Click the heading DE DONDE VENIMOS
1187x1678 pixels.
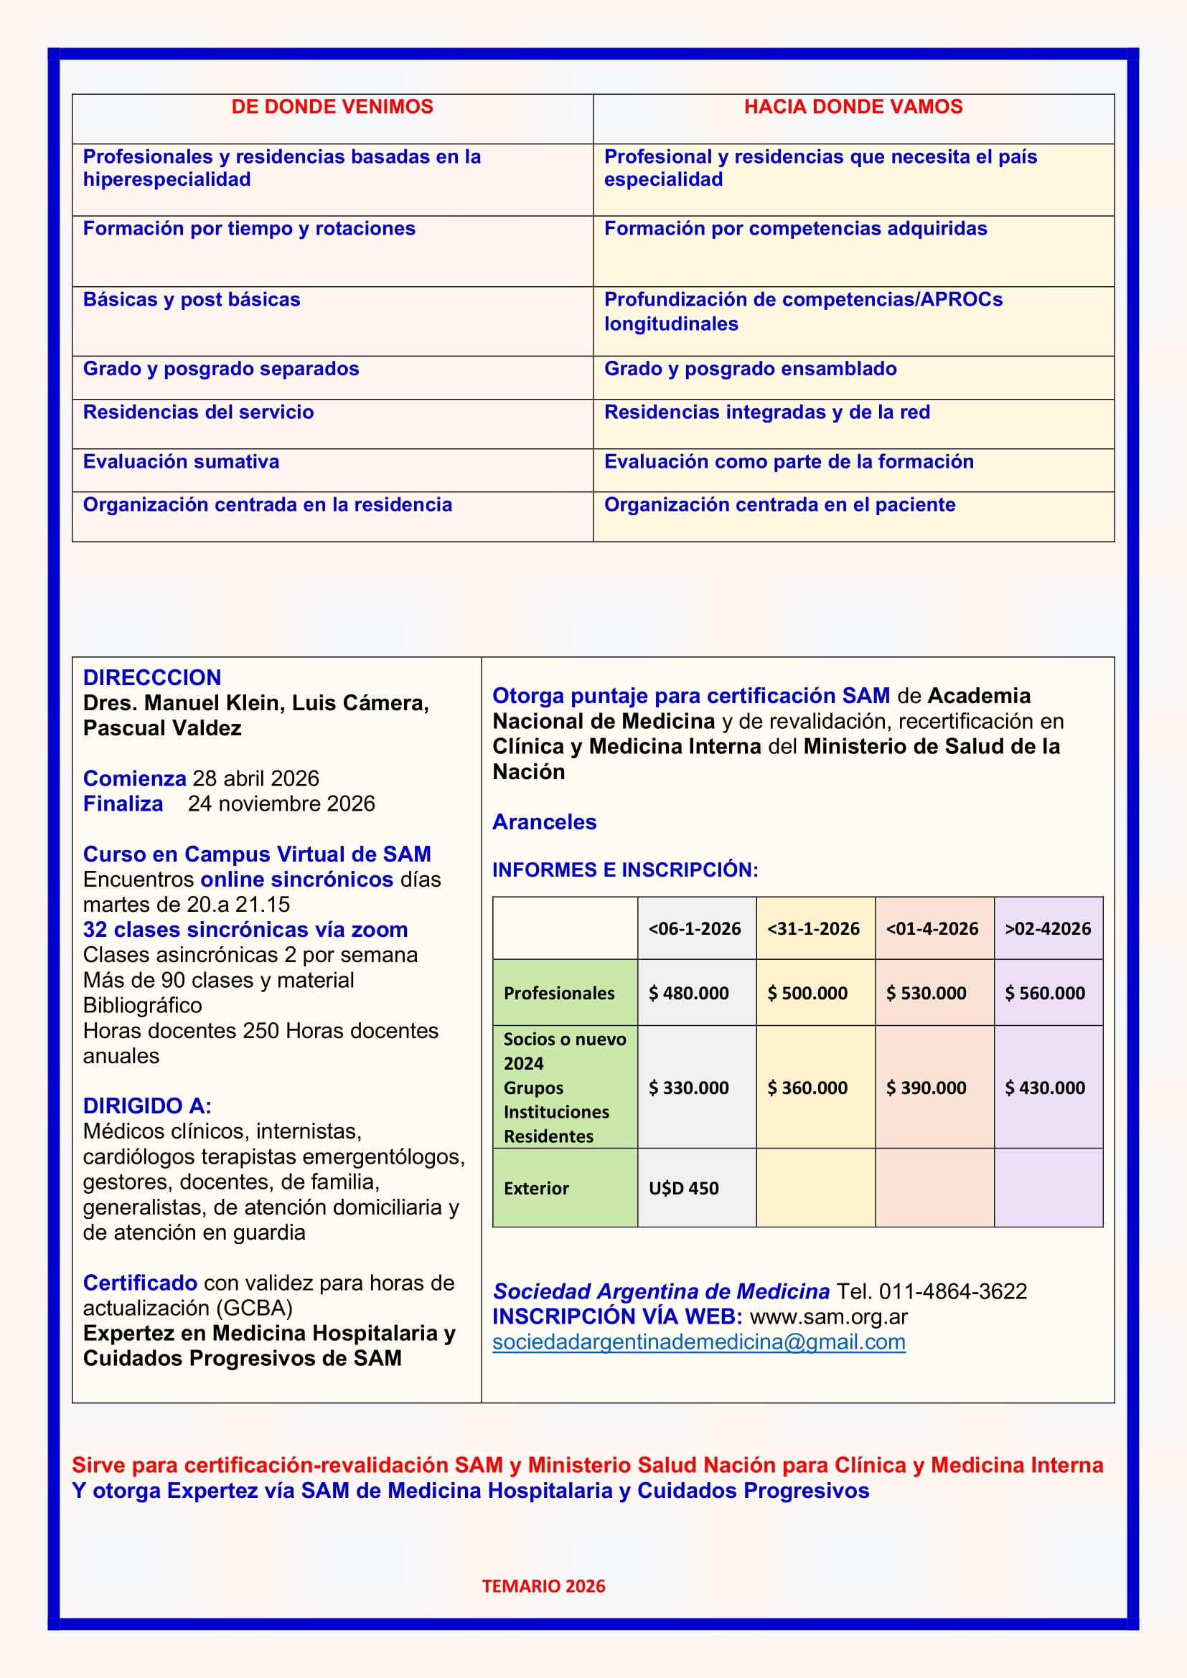pyautogui.click(x=332, y=108)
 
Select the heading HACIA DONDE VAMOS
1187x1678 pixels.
pyautogui.click(x=853, y=108)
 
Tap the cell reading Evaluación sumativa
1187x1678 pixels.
pyautogui.click(x=182, y=462)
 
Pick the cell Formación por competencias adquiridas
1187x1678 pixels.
pyautogui.click(x=795, y=229)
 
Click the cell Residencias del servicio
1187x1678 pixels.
pyautogui.click(x=198, y=413)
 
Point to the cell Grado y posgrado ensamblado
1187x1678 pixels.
pyautogui.click(x=750, y=369)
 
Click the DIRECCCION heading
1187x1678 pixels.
pyautogui.click(x=152, y=677)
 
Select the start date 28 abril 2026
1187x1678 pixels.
pyautogui.click(x=255, y=778)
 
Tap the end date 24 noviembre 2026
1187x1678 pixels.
pyautogui.click(x=281, y=804)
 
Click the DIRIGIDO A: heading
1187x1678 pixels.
pyautogui.click(x=147, y=1106)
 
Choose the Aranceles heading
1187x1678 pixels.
pyautogui.click(x=545, y=822)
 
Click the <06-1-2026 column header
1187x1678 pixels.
pyautogui.click(x=695, y=929)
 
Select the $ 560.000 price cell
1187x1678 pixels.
pyautogui.click(x=1044, y=993)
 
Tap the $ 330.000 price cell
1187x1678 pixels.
pyautogui.click(x=688, y=1088)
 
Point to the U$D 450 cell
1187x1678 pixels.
pyautogui.click(x=683, y=1188)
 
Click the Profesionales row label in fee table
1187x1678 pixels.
pyautogui.click(x=559, y=993)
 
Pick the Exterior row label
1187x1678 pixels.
pyautogui.click(x=536, y=1188)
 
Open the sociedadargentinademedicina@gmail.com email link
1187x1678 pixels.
pyautogui.click(x=699, y=1342)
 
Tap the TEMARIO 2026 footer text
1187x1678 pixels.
pyautogui.click(x=543, y=1586)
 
